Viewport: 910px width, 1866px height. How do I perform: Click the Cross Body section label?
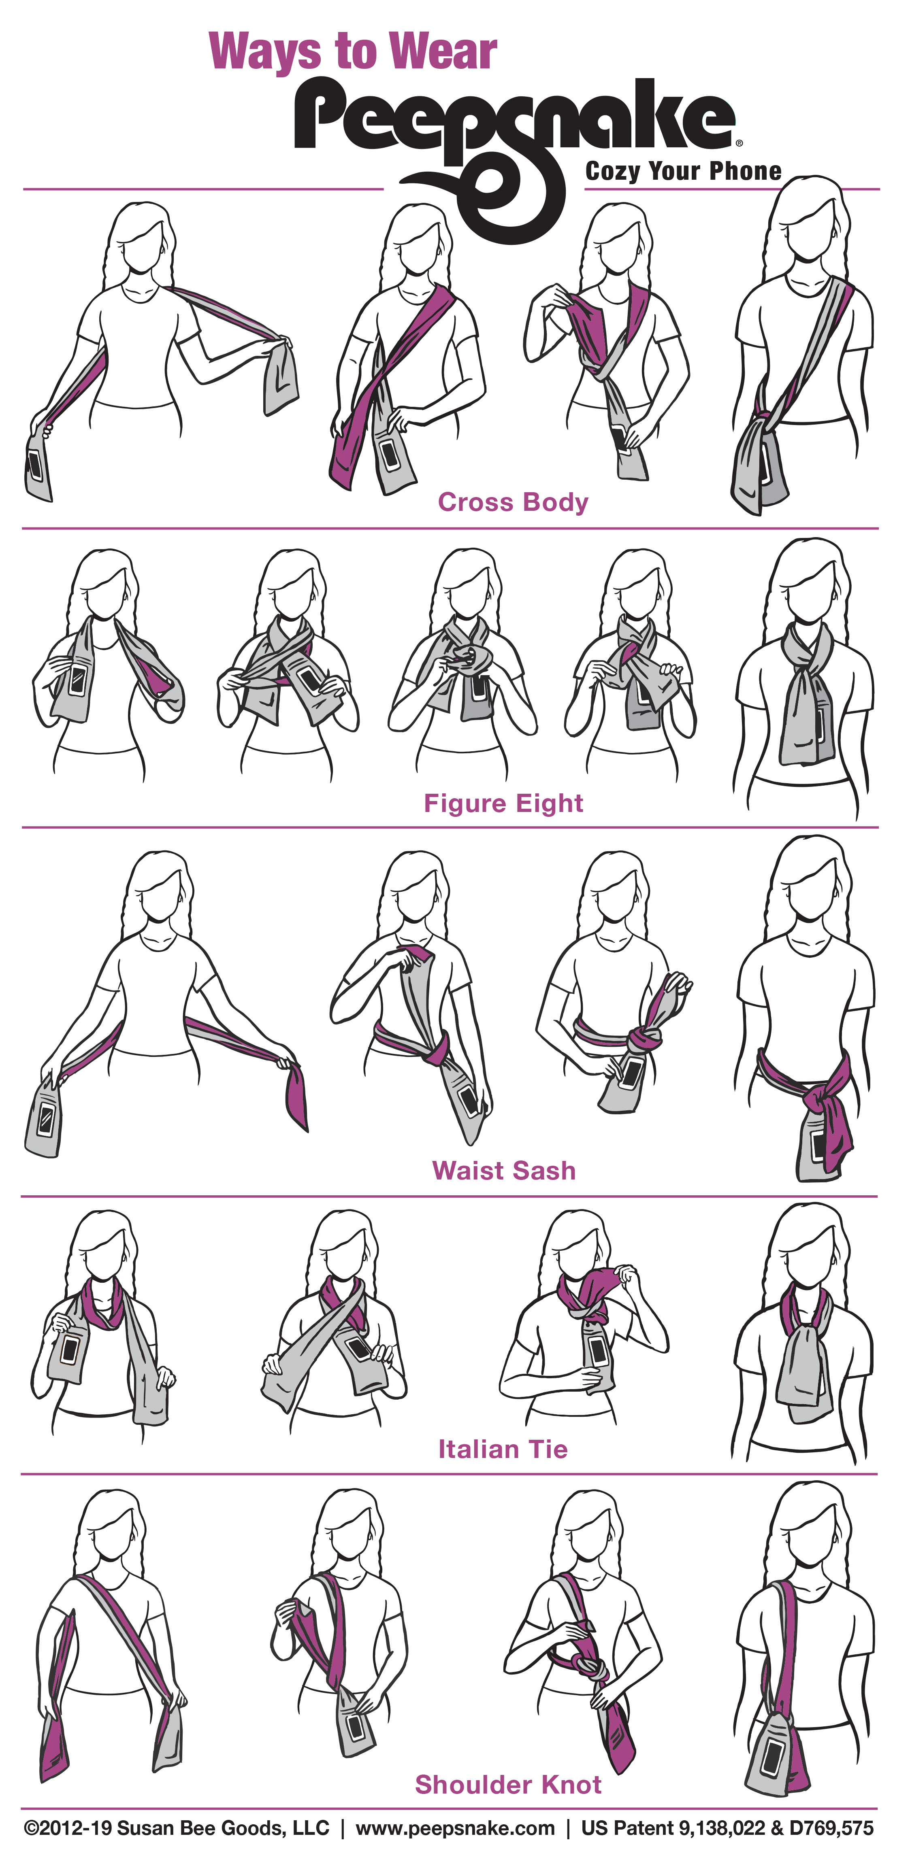click(513, 502)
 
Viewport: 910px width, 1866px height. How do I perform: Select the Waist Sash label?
click(503, 1171)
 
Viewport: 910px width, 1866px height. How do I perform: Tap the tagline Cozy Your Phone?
click(683, 172)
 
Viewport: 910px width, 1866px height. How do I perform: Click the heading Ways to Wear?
click(353, 52)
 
